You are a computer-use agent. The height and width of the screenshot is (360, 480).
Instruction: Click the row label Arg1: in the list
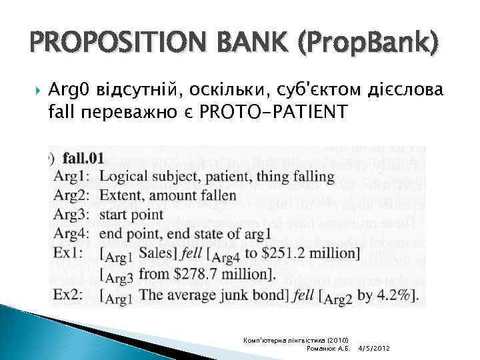[x=73, y=177]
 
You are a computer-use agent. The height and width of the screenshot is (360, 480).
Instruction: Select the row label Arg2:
[x=73, y=195]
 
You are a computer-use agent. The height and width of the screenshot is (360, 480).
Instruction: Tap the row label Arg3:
[x=73, y=215]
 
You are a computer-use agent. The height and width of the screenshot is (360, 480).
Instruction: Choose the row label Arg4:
[x=73, y=233]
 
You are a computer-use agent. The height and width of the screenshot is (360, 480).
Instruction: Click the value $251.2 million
[x=313, y=253]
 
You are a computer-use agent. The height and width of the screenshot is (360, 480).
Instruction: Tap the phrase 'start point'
[x=131, y=215]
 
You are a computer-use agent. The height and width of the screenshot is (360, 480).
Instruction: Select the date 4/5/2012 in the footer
[x=374, y=349]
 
